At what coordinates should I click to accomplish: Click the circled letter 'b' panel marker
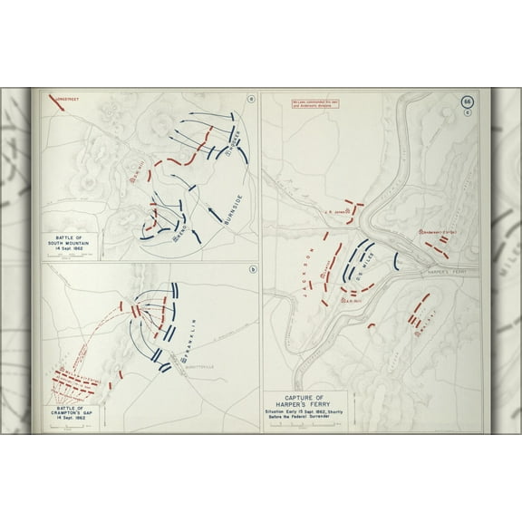pyautogui.click(x=250, y=270)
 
